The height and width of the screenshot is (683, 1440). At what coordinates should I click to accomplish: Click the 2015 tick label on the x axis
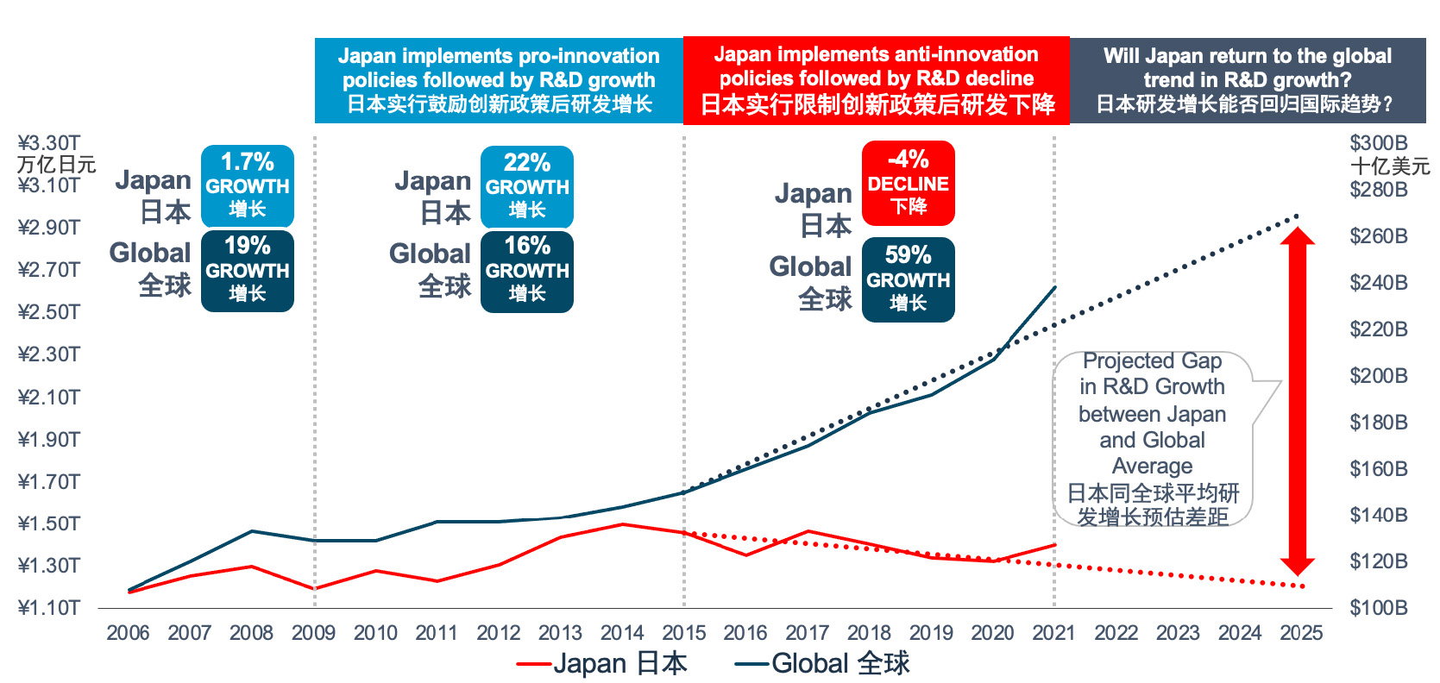pos(683,633)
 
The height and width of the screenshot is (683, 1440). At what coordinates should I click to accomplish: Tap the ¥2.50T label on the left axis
pos(49,312)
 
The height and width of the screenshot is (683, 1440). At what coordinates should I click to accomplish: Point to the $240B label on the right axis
pos(1378,283)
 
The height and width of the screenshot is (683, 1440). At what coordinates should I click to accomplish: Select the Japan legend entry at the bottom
pos(602,663)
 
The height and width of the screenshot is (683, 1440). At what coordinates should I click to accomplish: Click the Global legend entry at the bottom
pos(822,663)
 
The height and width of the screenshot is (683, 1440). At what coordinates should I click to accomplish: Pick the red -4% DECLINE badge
pos(908,183)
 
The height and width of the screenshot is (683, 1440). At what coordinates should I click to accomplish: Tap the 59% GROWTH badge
pos(908,279)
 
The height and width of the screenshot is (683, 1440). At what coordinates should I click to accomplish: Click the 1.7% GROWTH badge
pos(248,185)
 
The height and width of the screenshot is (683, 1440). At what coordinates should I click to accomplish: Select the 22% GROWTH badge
pos(526,186)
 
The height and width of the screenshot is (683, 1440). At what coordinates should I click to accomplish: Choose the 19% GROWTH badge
pos(248,270)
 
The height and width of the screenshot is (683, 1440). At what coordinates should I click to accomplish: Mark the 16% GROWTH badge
pos(526,271)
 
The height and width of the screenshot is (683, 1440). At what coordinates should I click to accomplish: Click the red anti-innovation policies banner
pos(876,80)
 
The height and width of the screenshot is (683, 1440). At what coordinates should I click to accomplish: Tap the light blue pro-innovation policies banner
pos(499,80)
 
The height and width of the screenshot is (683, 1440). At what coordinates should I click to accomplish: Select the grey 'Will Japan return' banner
pos(1247,80)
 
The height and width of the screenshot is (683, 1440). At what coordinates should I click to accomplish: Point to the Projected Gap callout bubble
pos(1153,438)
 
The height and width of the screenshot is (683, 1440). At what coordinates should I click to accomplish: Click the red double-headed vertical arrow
pos(1297,401)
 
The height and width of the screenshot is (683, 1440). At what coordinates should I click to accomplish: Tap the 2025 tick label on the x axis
pos(1301,633)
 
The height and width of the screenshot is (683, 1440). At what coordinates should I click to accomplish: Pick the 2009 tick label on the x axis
pos(313,633)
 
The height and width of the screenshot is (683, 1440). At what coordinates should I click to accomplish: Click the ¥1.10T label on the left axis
pos(49,608)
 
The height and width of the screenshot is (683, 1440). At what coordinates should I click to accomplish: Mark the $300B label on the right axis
pos(1378,143)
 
